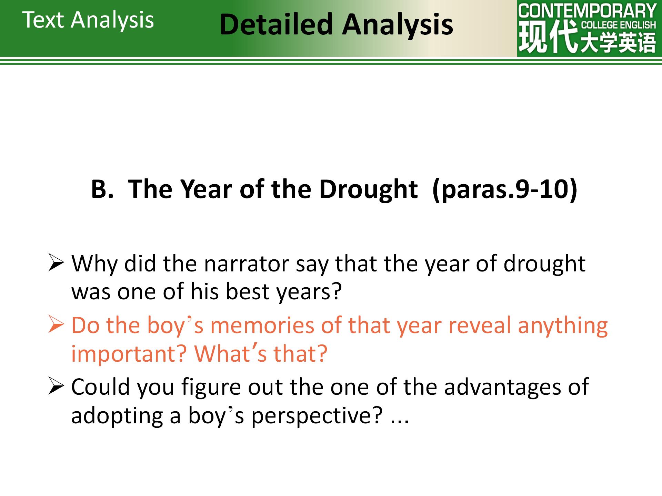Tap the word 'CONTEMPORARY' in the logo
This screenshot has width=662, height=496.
point(587,11)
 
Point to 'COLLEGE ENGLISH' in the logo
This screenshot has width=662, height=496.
point(619,25)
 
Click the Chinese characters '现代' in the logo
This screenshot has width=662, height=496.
point(548,37)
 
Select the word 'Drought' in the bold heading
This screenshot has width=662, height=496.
point(368,189)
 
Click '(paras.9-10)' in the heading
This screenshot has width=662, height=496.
point(505,189)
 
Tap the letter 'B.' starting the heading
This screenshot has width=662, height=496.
point(102,189)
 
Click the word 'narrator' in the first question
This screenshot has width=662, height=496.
point(247,264)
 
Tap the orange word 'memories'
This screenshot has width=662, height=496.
point(262,325)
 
